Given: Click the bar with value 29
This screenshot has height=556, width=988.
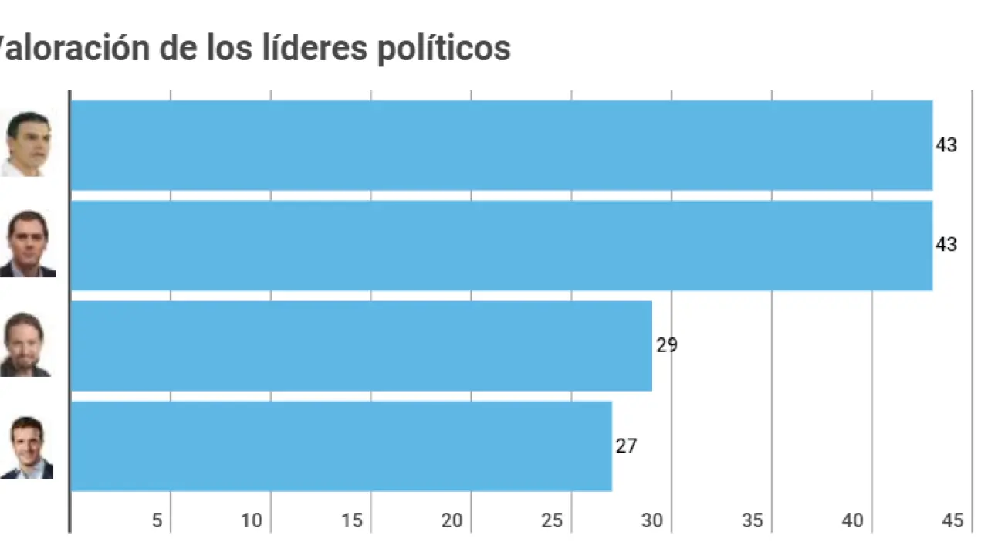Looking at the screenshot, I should point(361,346).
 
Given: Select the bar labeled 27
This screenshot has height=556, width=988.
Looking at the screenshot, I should point(341,446).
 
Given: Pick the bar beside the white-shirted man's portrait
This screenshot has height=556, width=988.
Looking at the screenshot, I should point(501,145).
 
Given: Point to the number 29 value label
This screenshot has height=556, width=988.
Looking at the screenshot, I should point(667,345).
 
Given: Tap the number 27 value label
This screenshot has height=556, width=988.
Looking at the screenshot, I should point(626,446).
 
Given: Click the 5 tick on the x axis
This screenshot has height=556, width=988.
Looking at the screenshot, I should point(157,521).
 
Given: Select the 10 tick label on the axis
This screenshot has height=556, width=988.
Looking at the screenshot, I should point(252,521).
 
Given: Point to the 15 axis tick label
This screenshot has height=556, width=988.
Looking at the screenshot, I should point(352,521).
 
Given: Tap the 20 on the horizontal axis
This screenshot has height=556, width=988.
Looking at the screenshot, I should point(452,521).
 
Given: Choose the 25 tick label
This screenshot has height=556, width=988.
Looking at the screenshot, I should point(553,521).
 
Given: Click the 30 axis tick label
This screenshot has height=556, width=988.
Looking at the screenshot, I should point(652,521).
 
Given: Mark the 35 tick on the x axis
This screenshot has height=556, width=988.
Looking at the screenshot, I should point(753,521).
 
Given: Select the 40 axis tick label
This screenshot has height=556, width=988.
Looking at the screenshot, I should point(853,521).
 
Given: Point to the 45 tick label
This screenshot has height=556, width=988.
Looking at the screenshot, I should point(953,521).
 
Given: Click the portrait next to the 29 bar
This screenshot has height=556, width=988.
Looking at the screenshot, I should point(25,344).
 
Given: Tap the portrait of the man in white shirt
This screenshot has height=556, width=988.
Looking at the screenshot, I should point(27,144).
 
